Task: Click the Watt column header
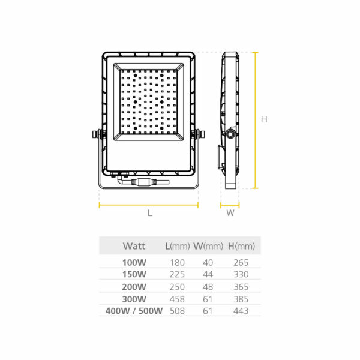(x=134, y=246)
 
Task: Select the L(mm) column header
(x=178, y=246)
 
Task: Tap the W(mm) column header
(x=208, y=246)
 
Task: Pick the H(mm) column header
(x=241, y=246)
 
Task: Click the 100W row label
(x=134, y=262)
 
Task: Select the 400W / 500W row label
(x=134, y=311)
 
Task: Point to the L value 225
(x=177, y=274)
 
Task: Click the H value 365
(x=241, y=287)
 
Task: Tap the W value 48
(x=208, y=287)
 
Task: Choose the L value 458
(x=177, y=299)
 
